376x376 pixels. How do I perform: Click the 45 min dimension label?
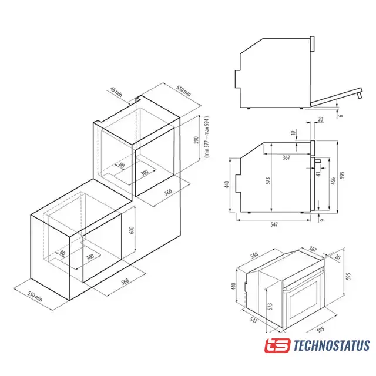coord(116,92)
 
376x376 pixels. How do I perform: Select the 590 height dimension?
coord(196,140)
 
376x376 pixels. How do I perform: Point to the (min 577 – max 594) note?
coord(207,137)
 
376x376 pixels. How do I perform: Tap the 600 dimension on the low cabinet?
coord(132,230)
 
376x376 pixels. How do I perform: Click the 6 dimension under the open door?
coord(341,116)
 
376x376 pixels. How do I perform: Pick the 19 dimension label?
coord(293,133)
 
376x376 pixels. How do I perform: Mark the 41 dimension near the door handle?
coord(318,174)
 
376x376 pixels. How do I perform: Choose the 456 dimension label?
coord(333,181)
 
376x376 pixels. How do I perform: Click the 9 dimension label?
coord(323,220)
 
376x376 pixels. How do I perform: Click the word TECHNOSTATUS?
coord(331,345)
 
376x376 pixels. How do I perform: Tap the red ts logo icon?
coord(277,345)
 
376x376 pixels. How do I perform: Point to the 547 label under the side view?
coord(274,224)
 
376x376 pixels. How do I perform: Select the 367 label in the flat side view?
coord(286,157)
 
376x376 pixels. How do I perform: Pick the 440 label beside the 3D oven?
coord(234,286)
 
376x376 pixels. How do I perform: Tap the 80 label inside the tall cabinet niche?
coord(122,165)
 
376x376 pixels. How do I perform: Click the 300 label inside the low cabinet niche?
coord(90,257)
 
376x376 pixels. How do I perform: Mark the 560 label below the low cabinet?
coord(125,281)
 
